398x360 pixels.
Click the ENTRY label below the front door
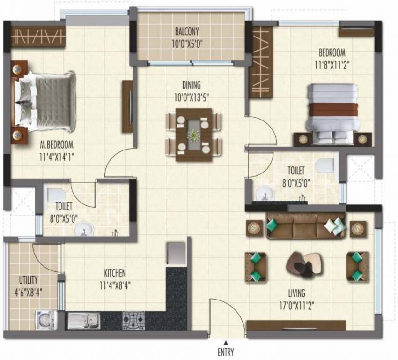226,352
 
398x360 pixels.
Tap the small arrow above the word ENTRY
225,342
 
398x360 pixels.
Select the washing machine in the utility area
46,320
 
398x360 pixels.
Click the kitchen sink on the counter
84,321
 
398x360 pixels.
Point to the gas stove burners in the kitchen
133,321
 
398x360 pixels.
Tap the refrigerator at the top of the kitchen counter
176,253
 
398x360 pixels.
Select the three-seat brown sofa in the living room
306,226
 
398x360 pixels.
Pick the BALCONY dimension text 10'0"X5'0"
187,44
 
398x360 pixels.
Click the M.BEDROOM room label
57,145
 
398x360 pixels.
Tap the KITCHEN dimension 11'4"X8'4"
115,286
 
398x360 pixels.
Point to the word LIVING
297,293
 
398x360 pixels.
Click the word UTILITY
29,280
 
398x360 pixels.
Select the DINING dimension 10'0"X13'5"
192,97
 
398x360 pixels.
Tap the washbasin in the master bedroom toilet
84,229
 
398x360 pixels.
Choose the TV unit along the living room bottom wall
296,325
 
